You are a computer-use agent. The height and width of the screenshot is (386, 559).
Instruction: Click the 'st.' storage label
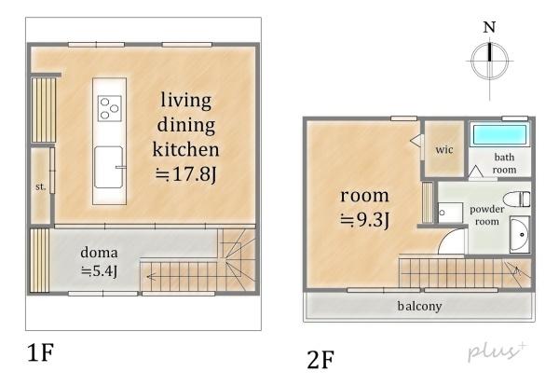click(40, 186)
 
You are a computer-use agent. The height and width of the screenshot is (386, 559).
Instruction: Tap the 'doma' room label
click(99, 253)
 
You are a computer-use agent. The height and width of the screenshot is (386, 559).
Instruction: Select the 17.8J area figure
click(186, 174)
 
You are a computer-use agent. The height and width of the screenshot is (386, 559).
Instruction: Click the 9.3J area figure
click(364, 220)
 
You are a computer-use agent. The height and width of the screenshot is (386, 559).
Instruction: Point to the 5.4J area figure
click(99, 272)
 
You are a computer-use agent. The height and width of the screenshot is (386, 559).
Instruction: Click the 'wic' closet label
click(444, 150)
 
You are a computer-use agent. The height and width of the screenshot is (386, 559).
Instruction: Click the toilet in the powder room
click(517, 200)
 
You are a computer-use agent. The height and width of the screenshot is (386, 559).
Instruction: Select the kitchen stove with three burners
click(109, 108)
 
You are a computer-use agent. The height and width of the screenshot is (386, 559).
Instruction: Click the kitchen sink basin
click(108, 167)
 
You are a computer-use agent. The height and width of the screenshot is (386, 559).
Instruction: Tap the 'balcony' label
click(419, 306)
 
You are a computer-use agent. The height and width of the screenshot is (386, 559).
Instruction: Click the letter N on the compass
click(489, 27)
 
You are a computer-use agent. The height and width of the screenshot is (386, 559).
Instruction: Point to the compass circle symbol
click(489, 61)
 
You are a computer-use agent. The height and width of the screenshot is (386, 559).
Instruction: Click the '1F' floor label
click(40, 352)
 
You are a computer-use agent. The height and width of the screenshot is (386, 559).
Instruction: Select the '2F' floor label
click(320, 360)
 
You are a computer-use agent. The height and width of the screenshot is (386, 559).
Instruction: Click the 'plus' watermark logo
click(497, 351)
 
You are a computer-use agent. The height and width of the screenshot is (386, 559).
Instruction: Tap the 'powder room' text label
click(486, 215)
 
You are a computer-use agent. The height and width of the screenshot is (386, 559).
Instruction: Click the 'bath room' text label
click(504, 163)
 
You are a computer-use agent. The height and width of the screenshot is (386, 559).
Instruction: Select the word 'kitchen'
click(185, 149)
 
